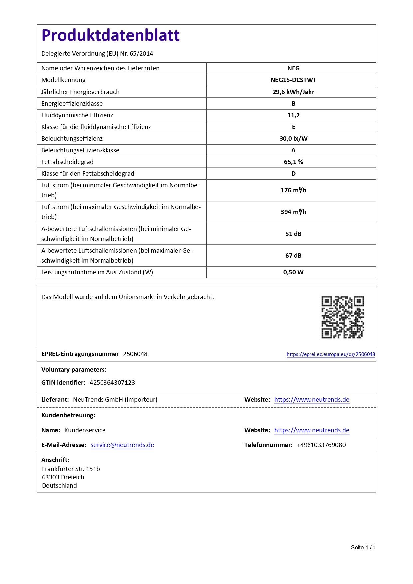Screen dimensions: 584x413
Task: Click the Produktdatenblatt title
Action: pos(110,35)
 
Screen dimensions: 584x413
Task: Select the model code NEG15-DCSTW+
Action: pos(293,80)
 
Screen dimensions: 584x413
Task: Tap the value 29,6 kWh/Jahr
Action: pos(293,92)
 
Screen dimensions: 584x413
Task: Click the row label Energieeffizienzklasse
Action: pos(72,104)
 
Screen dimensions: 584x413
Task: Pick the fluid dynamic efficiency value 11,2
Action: pos(293,115)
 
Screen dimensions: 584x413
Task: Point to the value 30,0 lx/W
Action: pos(293,139)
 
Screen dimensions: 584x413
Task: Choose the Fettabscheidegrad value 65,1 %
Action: pos(293,162)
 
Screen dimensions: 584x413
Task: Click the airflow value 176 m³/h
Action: pos(293,190)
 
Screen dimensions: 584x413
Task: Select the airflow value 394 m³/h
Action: pos(293,212)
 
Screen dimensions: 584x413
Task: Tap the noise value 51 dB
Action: pos(293,234)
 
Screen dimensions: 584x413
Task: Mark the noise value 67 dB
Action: pos(293,256)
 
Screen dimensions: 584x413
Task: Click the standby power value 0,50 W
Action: pos(293,272)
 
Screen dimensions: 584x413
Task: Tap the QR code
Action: pos(343,317)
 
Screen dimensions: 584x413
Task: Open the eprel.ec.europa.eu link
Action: pos(330,354)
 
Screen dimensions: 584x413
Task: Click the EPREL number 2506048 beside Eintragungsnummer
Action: pos(135,354)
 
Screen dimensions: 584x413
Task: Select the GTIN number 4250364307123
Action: pos(112,383)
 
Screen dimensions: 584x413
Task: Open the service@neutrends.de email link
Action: pos(122,445)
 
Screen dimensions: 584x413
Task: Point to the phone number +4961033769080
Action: pos(321,445)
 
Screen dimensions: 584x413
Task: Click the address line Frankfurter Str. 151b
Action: pos(71,469)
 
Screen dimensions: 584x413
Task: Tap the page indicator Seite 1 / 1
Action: pos(363,547)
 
